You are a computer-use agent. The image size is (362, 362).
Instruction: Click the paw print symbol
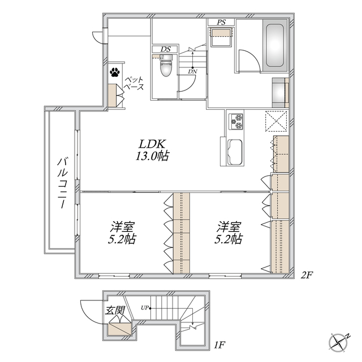pyautogui.click(x=115, y=72)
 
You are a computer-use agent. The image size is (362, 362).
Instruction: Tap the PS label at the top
pyautogui.click(x=221, y=23)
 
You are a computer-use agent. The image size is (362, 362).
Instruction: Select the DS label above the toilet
pyautogui.click(x=165, y=49)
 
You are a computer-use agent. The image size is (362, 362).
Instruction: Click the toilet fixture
pyautogui.click(x=165, y=68)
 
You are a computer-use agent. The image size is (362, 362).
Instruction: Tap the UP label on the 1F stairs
pyautogui.click(x=145, y=308)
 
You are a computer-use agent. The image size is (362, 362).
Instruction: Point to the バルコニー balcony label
pyautogui.click(x=61, y=180)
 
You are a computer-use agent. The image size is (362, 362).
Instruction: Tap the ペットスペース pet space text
pyautogui.click(x=133, y=83)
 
